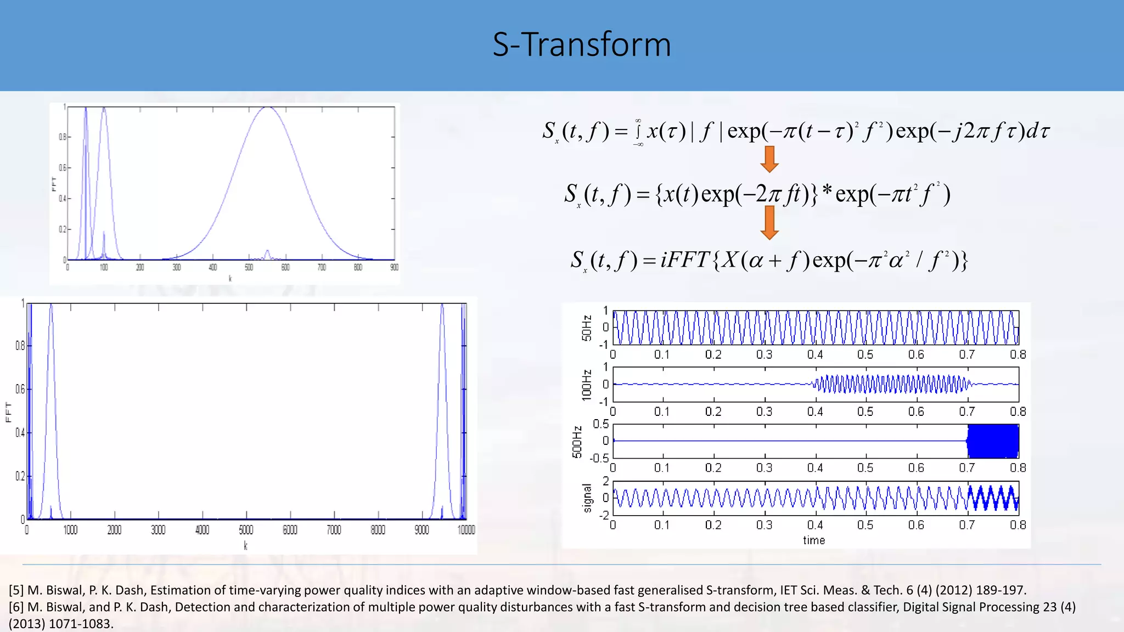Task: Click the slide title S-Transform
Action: point(582,44)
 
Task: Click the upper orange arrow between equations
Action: point(769,159)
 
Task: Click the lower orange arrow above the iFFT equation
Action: point(769,222)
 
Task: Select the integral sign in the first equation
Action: point(638,132)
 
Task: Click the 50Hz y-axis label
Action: point(587,328)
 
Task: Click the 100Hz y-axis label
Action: point(587,385)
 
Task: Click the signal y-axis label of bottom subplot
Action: point(587,498)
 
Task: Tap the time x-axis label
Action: point(814,540)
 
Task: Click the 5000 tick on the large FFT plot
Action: point(246,530)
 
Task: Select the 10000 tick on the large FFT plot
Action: point(466,530)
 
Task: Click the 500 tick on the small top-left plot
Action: point(249,267)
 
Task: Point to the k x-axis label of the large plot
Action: point(245,546)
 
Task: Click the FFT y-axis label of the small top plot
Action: point(54,183)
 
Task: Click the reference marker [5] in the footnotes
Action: point(16,590)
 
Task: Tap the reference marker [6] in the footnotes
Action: point(16,607)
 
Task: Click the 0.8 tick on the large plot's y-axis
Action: point(20,346)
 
